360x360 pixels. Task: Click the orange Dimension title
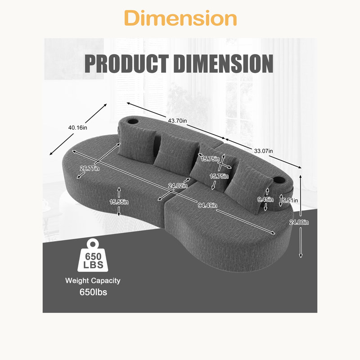coord(180,18)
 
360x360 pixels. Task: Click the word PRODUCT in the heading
coord(127,63)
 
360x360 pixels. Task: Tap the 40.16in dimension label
coord(77,128)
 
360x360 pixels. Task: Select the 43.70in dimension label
coord(177,121)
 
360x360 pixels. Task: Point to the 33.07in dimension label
coord(263,151)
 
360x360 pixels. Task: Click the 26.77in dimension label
coord(90,168)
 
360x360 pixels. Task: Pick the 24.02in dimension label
coord(178,185)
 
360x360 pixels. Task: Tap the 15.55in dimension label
coord(119,202)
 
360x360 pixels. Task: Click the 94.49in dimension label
coord(207,205)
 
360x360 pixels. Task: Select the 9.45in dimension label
coord(265,199)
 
